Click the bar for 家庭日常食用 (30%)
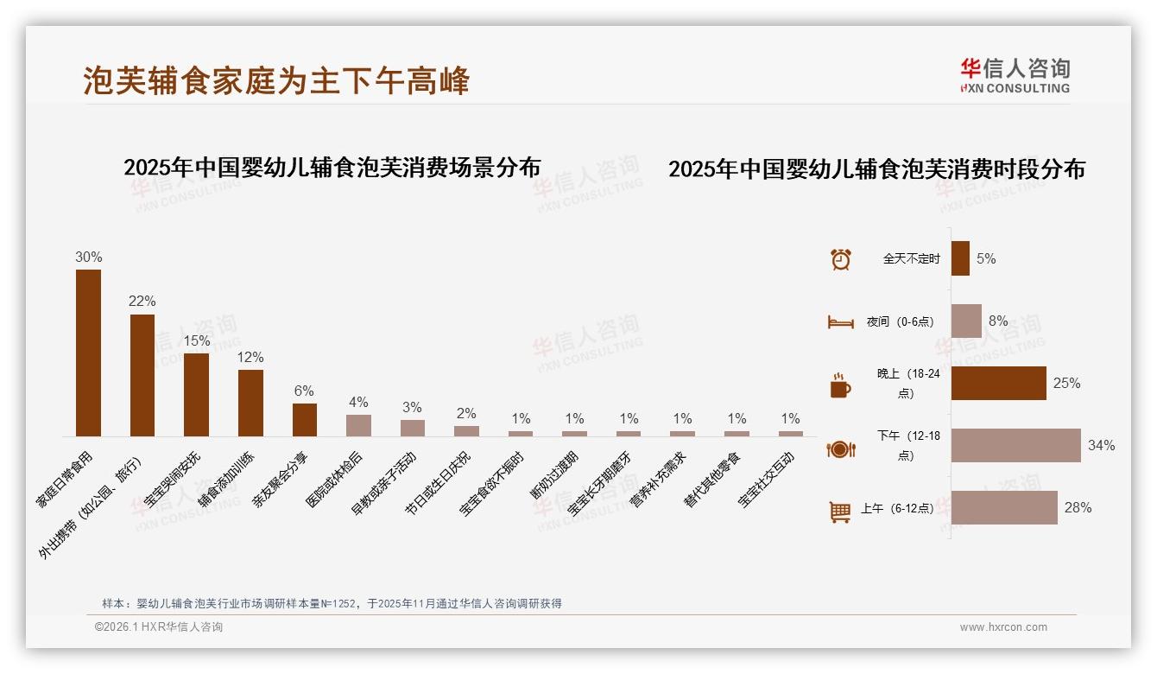[88, 353]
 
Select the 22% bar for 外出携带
[142, 375]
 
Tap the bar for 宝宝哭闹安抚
[196, 394]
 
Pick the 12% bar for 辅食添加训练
[250, 403]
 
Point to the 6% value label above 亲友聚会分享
[304, 391]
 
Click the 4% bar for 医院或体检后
[358, 425]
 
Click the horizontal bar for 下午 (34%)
[1015, 445]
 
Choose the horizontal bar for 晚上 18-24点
[998, 383]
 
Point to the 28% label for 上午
[1078, 508]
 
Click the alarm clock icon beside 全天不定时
[840, 259]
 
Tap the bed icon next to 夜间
[840, 321]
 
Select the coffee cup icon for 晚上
[840, 385]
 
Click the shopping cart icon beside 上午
[840, 512]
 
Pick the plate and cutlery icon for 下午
[840, 448]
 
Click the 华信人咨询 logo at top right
[1015, 75]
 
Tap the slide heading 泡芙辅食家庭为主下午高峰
[276, 80]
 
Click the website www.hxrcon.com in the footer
[1003, 627]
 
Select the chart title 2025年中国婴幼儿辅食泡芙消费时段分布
[876, 169]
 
